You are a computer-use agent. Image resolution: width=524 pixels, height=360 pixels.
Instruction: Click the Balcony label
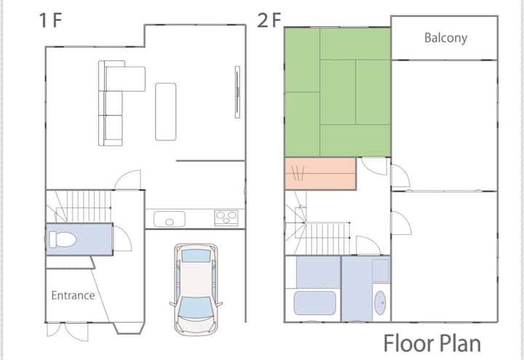(x=445, y=38)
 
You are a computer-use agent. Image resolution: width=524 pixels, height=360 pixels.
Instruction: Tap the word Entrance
(x=74, y=295)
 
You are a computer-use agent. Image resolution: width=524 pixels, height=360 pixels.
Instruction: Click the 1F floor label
(x=50, y=20)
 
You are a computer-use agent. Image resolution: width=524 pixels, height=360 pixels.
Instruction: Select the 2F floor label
(x=269, y=20)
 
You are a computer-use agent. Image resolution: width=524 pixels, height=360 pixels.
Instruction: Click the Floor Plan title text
(x=432, y=343)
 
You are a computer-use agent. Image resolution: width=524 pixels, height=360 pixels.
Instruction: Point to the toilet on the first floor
(x=63, y=239)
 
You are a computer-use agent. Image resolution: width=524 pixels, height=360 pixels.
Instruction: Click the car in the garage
(x=196, y=289)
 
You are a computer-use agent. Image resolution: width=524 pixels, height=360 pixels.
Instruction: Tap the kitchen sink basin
(x=170, y=219)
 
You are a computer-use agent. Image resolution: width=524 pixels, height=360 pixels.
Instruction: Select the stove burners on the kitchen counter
(x=226, y=218)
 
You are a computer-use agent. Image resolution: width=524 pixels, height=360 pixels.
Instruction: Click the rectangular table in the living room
(x=166, y=111)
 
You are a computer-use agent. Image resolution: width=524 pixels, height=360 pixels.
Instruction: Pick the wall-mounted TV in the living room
(x=237, y=92)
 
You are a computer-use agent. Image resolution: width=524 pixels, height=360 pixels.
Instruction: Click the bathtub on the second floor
(x=315, y=303)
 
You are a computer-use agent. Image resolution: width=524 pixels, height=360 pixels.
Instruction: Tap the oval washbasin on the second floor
(x=380, y=303)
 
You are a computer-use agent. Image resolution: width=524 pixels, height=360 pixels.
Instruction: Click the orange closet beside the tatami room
(x=320, y=174)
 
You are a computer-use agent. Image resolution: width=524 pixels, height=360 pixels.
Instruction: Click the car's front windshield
(x=196, y=308)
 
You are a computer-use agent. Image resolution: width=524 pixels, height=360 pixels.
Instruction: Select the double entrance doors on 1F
(x=68, y=332)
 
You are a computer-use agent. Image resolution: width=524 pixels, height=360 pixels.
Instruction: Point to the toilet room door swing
(x=123, y=239)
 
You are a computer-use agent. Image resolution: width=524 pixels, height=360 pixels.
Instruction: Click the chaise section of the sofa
(x=125, y=79)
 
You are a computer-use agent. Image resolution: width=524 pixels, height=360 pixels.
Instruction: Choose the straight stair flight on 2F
(x=327, y=239)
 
